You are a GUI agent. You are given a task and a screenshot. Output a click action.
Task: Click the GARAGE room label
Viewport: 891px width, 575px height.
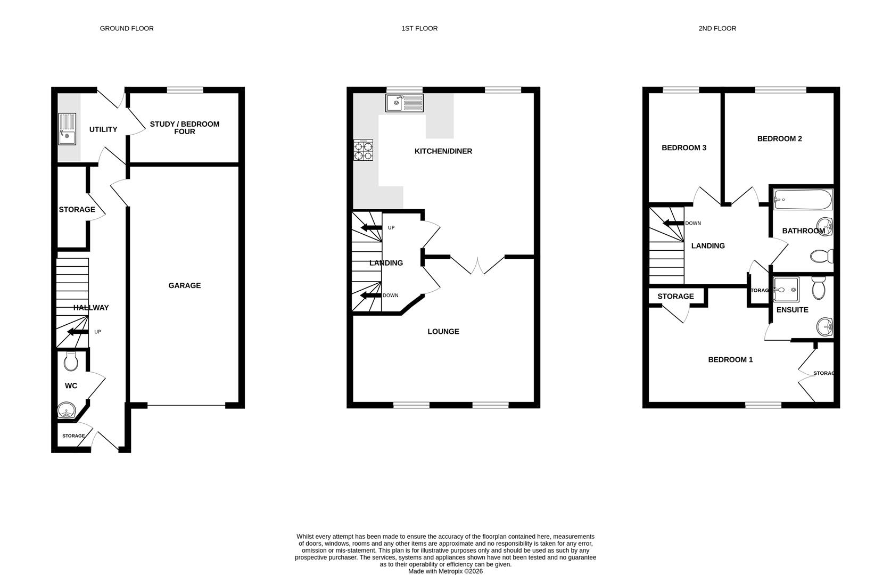click(x=184, y=285)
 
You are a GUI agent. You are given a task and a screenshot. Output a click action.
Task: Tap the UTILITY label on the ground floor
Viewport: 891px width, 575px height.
click(x=103, y=129)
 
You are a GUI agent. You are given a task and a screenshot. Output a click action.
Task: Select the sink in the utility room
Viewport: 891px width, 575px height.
click(x=67, y=129)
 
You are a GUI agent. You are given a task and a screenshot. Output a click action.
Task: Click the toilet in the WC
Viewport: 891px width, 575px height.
click(x=71, y=363)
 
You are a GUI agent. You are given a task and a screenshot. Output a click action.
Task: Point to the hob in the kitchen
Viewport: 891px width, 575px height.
click(x=363, y=150)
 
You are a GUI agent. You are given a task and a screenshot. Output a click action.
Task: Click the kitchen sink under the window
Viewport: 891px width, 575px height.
click(x=405, y=103)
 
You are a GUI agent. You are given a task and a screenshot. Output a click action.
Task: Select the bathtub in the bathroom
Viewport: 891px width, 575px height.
click(x=802, y=200)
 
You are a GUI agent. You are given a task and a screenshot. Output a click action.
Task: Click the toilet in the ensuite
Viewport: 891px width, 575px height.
click(x=818, y=289)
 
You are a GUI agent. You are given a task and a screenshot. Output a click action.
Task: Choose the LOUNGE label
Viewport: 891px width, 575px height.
click(x=443, y=331)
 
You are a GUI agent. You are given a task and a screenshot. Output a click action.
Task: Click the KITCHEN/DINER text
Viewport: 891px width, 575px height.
click(x=443, y=151)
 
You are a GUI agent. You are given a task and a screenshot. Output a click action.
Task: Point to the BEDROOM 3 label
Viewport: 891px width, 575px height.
click(x=683, y=147)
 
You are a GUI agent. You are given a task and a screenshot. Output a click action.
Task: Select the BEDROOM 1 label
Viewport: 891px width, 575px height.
click(x=730, y=359)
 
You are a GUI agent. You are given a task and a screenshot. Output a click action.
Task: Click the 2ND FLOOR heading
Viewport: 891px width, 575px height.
click(x=717, y=28)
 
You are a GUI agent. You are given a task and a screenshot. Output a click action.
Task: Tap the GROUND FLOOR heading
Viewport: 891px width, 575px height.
click(x=127, y=28)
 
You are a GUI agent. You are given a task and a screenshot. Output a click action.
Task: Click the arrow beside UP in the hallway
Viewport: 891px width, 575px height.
click(x=78, y=332)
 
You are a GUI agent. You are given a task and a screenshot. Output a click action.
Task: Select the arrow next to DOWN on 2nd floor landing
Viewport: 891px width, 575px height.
click(x=673, y=223)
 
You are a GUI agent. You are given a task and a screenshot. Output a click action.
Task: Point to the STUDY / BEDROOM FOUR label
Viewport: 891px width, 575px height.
click(x=184, y=128)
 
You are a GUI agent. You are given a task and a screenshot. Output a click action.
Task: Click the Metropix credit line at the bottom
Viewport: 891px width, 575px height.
click(x=445, y=571)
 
